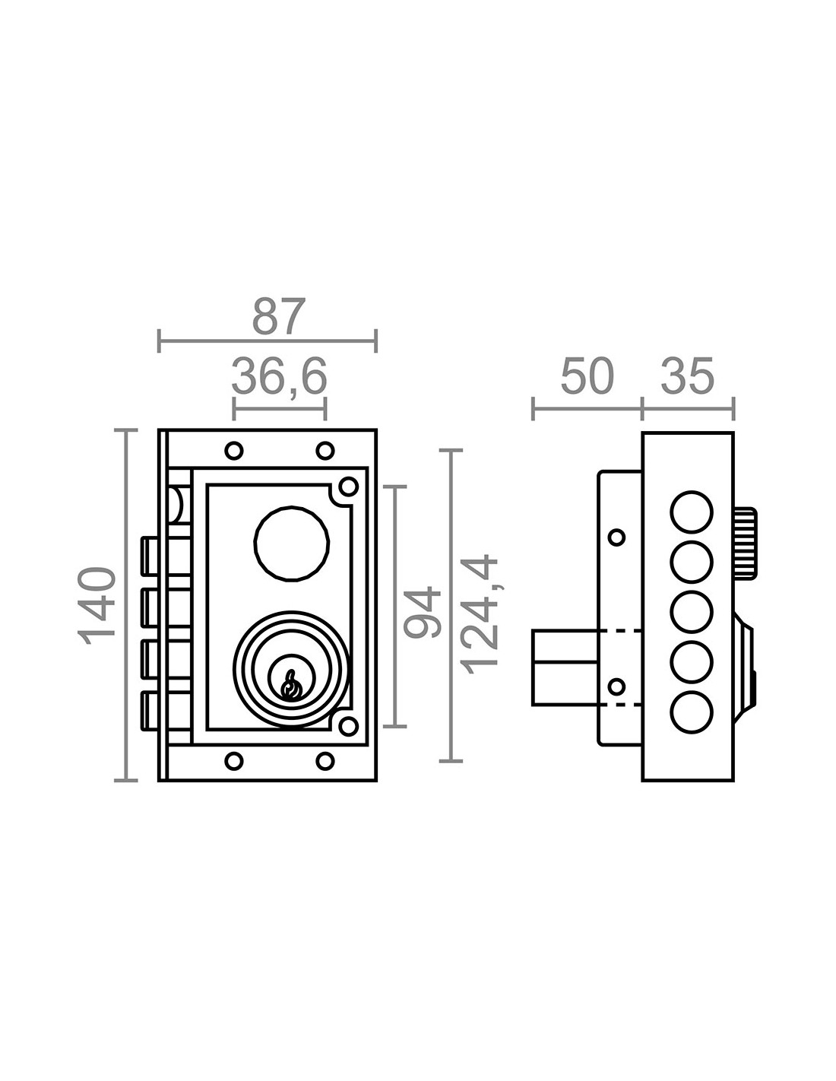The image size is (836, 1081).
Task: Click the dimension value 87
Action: pyautogui.click(x=279, y=316)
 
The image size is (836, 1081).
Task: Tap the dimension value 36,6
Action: pyautogui.click(x=279, y=376)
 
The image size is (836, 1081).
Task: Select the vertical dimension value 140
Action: pyautogui.click(x=100, y=606)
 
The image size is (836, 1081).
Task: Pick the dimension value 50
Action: pyautogui.click(x=587, y=377)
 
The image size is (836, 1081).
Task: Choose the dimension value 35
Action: pyautogui.click(x=688, y=377)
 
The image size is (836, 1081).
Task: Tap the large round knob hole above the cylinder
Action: pyautogui.click(x=292, y=544)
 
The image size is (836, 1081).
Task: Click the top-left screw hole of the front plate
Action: pyautogui.click(x=234, y=450)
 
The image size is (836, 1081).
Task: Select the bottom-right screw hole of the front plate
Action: pyautogui.click(x=325, y=760)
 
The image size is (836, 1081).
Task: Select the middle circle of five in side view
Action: pyautogui.click(x=692, y=612)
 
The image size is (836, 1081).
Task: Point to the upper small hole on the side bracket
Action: pyautogui.click(x=617, y=537)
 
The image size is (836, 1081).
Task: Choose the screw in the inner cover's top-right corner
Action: pyautogui.click(x=348, y=485)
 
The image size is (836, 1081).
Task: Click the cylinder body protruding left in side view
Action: pyautogui.click(x=564, y=667)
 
